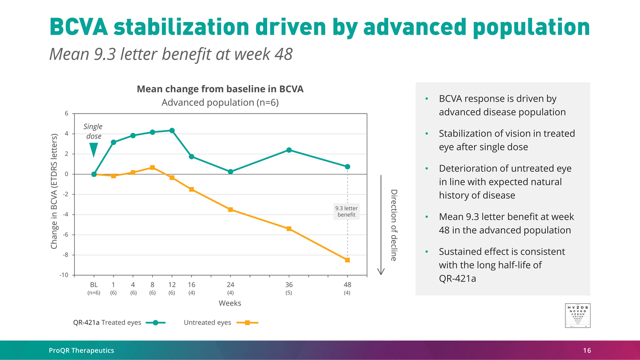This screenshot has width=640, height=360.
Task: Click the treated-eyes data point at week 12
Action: (x=172, y=131)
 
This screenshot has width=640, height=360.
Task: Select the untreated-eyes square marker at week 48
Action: (x=347, y=260)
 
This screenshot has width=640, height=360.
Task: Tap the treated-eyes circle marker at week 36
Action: (x=289, y=150)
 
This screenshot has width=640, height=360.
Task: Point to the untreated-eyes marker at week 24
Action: (x=230, y=210)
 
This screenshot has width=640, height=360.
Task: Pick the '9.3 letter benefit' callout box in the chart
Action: (x=346, y=211)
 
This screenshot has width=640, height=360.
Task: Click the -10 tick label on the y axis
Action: (x=64, y=275)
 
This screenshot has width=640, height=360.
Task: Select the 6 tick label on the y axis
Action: (x=66, y=114)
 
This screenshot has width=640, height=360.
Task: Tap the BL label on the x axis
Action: (x=94, y=285)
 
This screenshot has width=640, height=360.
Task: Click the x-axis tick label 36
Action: (x=289, y=285)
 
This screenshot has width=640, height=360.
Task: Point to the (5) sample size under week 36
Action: (x=289, y=293)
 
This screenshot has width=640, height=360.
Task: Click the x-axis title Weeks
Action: (x=230, y=303)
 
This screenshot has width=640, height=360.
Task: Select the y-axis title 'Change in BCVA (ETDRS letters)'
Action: (x=54, y=192)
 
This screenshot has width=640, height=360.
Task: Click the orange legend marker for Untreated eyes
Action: (x=247, y=323)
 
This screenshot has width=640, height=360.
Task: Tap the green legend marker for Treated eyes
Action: (x=156, y=323)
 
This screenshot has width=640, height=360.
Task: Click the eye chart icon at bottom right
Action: (x=578, y=316)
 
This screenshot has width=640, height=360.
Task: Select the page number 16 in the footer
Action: (x=586, y=351)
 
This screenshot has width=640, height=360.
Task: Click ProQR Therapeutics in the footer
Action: (x=82, y=351)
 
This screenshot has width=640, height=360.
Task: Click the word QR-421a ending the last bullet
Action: (x=457, y=278)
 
